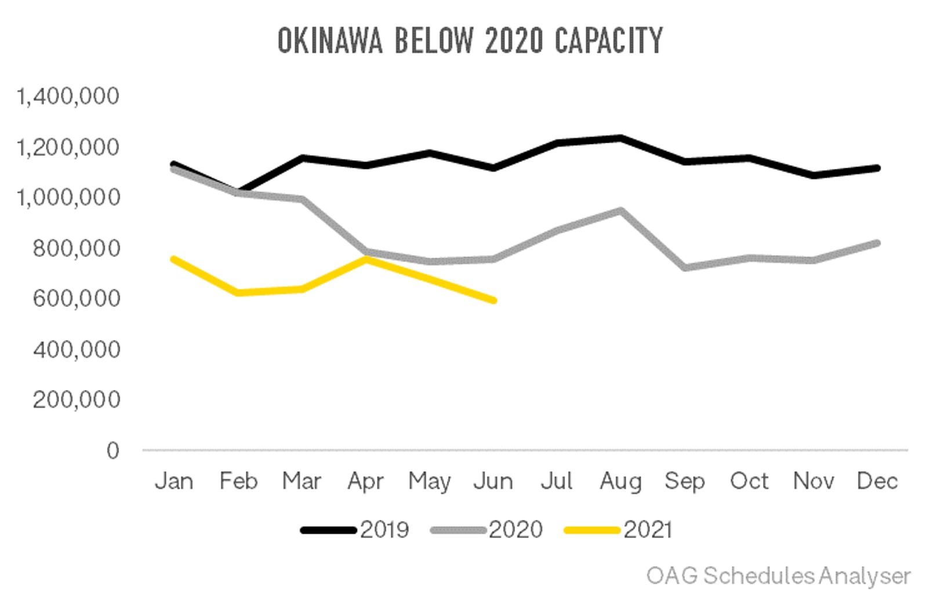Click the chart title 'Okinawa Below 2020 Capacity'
click(x=470, y=41)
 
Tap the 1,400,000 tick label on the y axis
click(x=68, y=96)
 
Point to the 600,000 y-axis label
click(x=76, y=299)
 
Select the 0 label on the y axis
click(x=112, y=451)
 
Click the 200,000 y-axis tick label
click(x=76, y=400)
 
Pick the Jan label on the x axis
click(x=174, y=481)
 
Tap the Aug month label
click(x=620, y=482)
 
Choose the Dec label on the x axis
click(x=877, y=481)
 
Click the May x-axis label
click(x=430, y=482)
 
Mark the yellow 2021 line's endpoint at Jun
click(x=494, y=300)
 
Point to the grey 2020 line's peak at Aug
click(x=620, y=211)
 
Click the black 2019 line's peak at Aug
click(x=620, y=138)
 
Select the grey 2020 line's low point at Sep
click(x=685, y=267)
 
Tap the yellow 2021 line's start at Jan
click(x=174, y=259)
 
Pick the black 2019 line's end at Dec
click(x=877, y=168)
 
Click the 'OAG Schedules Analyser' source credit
click(x=778, y=576)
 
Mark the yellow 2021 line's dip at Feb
click(x=238, y=293)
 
